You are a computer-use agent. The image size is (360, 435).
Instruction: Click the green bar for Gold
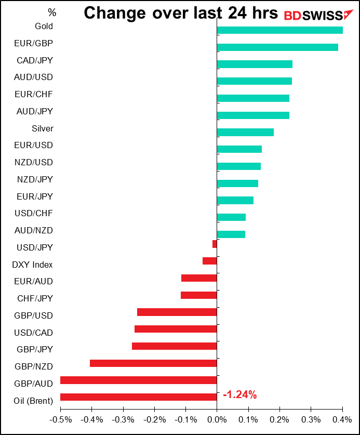(279, 30)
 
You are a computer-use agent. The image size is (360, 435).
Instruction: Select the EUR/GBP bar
(277, 47)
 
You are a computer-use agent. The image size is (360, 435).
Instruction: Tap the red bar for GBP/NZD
(153, 363)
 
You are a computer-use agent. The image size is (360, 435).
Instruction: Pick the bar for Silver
(245, 132)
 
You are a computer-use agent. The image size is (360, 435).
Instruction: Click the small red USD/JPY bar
(215, 244)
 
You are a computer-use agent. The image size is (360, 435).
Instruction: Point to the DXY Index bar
(210, 261)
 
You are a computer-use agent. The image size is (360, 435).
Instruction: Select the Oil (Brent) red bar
(139, 397)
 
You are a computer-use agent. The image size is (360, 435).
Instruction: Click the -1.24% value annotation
(240, 395)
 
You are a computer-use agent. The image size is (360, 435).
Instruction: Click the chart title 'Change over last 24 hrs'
(181, 14)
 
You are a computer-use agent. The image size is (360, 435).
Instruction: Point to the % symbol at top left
(51, 11)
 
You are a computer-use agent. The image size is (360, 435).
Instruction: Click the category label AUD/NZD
(34, 230)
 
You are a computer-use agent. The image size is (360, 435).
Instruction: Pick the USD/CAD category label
(34, 332)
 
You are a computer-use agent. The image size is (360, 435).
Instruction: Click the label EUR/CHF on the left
(34, 94)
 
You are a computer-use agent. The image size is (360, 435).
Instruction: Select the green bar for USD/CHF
(231, 217)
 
